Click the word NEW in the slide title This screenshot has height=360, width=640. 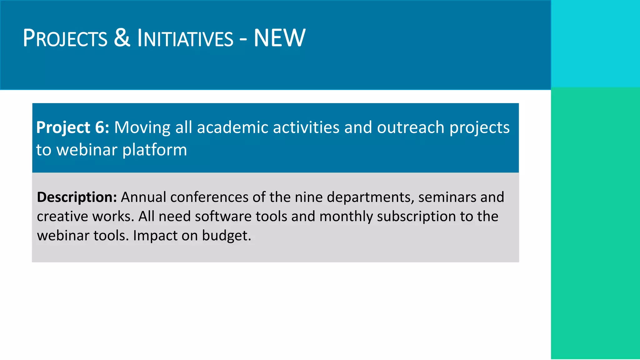pyautogui.click(x=279, y=38)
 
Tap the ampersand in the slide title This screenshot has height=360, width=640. pyautogui.click(x=122, y=38)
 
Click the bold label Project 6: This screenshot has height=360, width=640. pyautogui.click(x=72, y=127)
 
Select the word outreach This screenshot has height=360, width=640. pyautogui.click(x=411, y=127)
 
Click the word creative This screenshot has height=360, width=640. pyautogui.click(x=62, y=217)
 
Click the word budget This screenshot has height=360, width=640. pyautogui.click(x=226, y=236)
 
